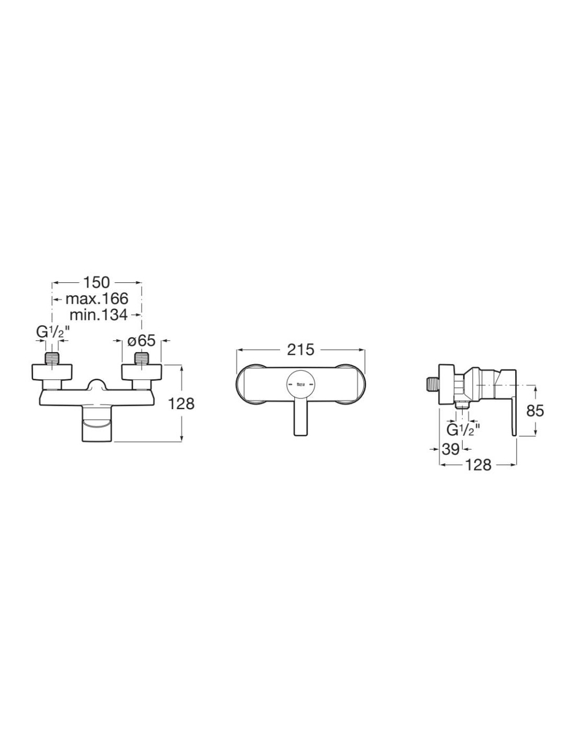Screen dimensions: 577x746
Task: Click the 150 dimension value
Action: coord(96,282)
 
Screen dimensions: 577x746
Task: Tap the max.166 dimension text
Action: coord(97,299)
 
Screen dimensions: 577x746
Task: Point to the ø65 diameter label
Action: coord(142,340)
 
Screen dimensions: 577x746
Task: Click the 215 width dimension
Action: coord(301,350)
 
